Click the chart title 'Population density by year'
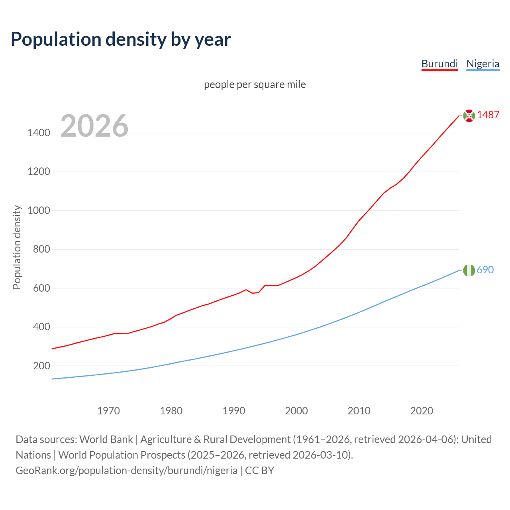[x=121, y=39]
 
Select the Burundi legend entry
[x=439, y=64]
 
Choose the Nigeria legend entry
[x=483, y=64]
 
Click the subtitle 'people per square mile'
[x=255, y=85]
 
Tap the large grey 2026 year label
[x=94, y=126]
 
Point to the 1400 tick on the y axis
[x=39, y=133]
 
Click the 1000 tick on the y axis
[x=39, y=210]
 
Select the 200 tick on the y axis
[x=41, y=366]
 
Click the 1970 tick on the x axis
[x=108, y=411]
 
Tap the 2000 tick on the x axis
[x=296, y=411]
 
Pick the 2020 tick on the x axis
[x=422, y=411]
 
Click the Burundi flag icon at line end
[x=469, y=116]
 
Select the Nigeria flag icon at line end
[x=469, y=271]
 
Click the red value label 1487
[x=488, y=115]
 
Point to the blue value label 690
[x=485, y=270]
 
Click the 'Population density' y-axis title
[x=17, y=247]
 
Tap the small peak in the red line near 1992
[x=246, y=290]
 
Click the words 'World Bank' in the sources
[x=106, y=439]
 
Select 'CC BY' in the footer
[x=259, y=471]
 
